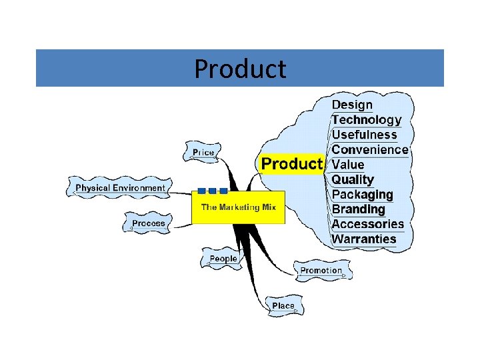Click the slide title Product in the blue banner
240,69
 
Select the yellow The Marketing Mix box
239,207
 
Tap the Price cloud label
203,153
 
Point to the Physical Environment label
120,188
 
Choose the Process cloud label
148,223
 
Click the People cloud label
223,259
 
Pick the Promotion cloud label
321,271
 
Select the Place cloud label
283,306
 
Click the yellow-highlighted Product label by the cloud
291,164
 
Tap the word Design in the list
352,105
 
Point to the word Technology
367,120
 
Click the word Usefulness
364,135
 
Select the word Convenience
369,149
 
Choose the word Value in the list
348,165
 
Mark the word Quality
353,179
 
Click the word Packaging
362,195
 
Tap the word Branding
359,209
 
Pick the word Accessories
368,224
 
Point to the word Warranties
364,239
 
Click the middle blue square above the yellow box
213,191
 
